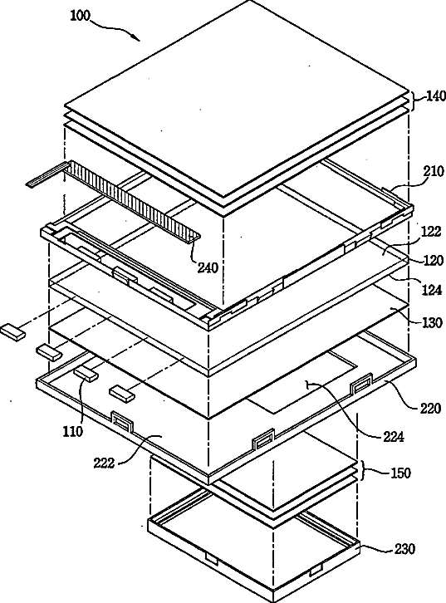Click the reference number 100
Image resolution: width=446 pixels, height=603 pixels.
click(x=80, y=16)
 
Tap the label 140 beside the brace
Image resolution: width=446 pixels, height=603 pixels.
click(x=435, y=96)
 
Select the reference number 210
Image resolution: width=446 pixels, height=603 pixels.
click(x=434, y=171)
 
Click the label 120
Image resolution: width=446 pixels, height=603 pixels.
click(x=433, y=260)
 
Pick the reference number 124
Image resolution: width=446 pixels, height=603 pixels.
click(x=431, y=290)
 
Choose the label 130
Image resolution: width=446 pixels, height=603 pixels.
click(x=432, y=322)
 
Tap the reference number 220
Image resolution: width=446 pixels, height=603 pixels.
click(x=430, y=408)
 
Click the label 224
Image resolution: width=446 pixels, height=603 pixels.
click(x=393, y=437)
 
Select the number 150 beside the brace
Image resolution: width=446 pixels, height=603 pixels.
click(x=400, y=473)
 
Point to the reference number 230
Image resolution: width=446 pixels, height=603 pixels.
click(x=404, y=549)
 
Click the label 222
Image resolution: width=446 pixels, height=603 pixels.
click(x=104, y=463)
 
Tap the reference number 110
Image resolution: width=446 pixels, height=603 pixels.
click(x=72, y=431)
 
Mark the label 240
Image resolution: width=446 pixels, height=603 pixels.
click(x=208, y=267)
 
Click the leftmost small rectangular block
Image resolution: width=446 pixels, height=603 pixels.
click(x=13, y=331)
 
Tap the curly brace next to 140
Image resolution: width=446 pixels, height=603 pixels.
click(x=415, y=100)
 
